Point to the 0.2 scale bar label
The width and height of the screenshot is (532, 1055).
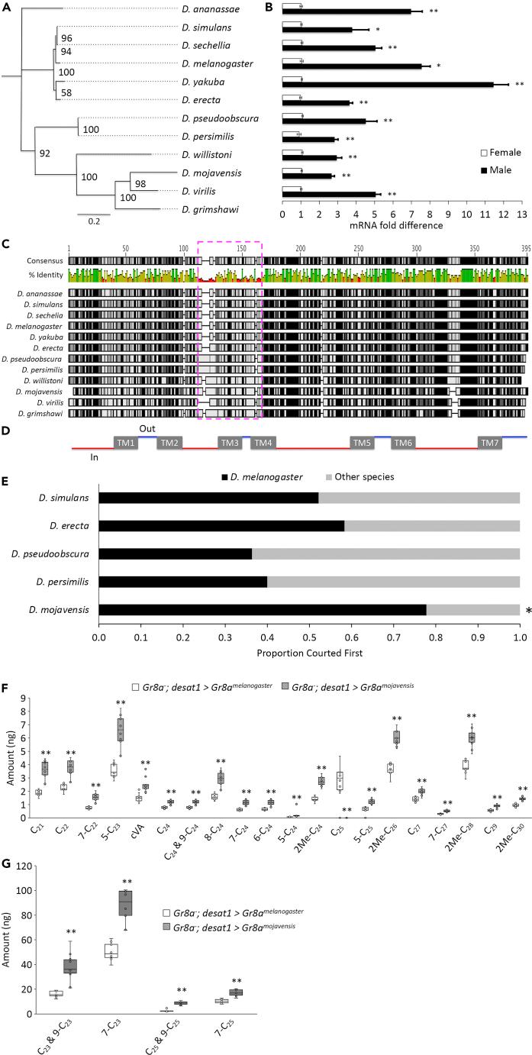[x=92, y=221]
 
